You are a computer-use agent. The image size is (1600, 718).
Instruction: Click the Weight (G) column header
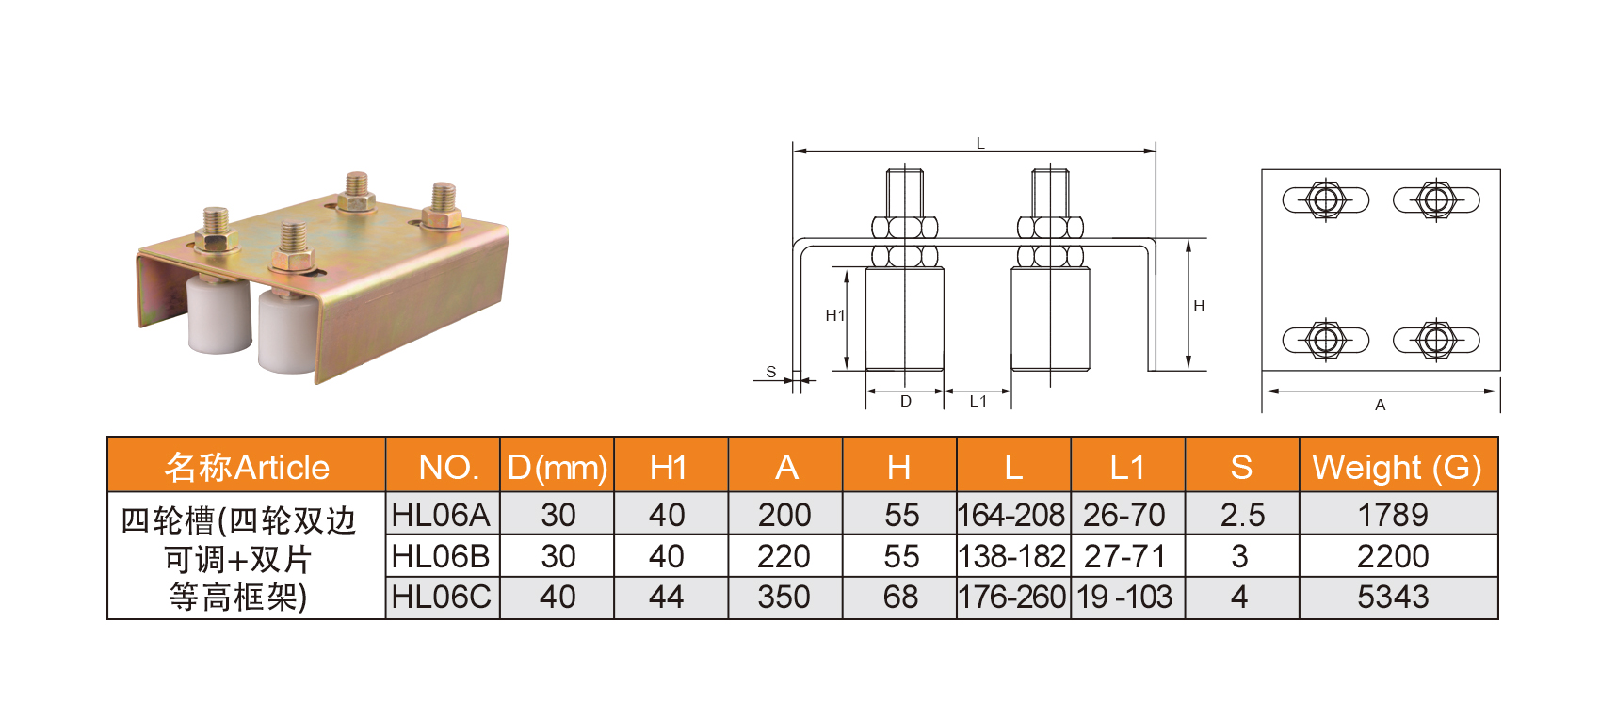pyautogui.click(x=1398, y=468)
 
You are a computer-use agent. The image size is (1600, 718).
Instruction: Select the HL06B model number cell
pyautogui.click(x=441, y=556)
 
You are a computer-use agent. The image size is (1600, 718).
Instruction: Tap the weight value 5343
pyautogui.click(x=1393, y=597)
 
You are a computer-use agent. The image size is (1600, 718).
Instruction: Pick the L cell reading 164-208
pyautogui.click(x=1011, y=515)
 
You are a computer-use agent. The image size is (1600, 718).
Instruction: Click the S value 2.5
pyautogui.click(x=1242, y=515)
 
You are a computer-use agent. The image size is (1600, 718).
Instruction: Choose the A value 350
pyautogui.click(x=784, y=597)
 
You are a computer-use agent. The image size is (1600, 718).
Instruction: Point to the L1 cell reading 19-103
pyautogui.click(x=1124, y=597)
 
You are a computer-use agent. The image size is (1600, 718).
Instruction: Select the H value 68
pyautogui.click(x=900, y=597)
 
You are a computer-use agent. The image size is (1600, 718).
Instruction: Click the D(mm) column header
pyautogui.click(x=558, y=468)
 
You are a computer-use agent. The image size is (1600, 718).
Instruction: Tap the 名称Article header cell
pyautogui.click(x=247, y=468)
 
